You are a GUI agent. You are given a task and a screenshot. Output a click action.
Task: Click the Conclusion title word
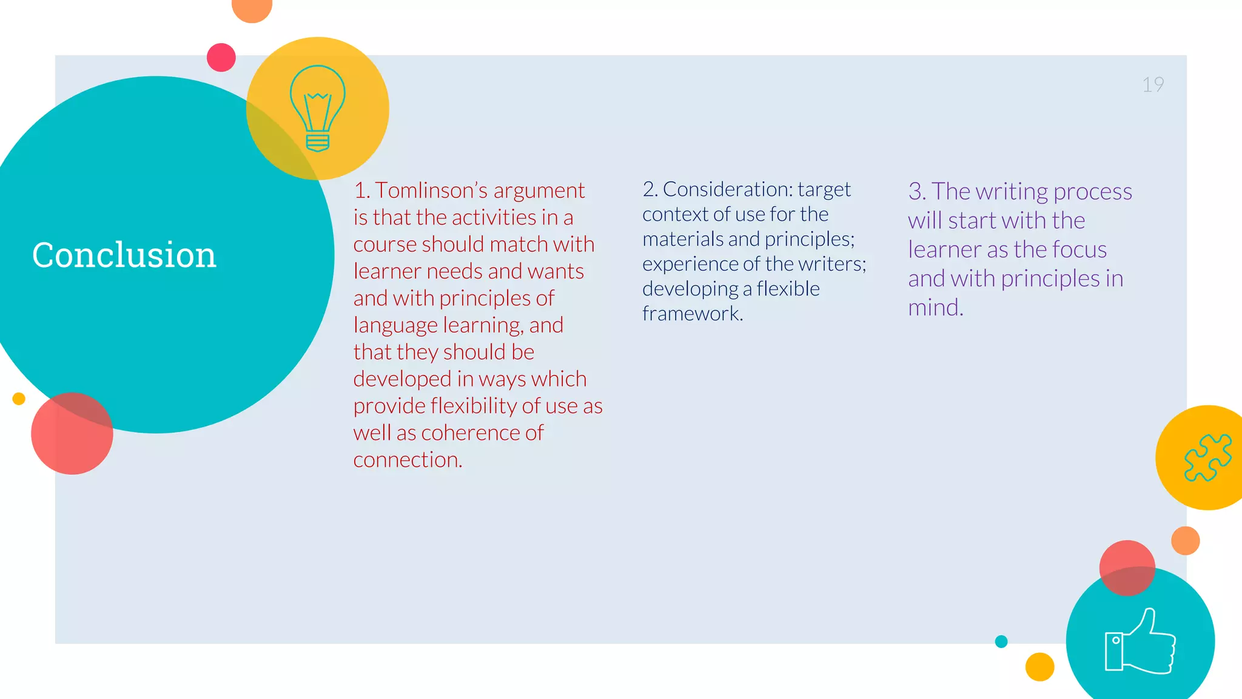pyautogui.click(x=124, y=255)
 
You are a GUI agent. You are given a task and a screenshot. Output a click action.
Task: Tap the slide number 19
pyautogui.click(x=1153, y=84)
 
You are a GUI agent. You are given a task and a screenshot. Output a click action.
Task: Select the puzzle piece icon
pyautogui.click(x=1207, y=458)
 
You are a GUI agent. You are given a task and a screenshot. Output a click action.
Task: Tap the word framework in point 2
pyautogui.click(x=691, y=314)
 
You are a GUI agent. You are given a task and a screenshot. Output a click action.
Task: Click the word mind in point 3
pyautogui.click(x=934, y=308)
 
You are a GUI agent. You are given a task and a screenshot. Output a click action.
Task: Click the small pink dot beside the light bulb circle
pyautogui.click(x=221, y=58)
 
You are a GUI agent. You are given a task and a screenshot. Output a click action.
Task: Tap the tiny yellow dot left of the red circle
pyautogui.click(x=19, y=399)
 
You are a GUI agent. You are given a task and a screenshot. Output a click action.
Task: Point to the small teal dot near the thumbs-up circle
pyautogui.click(x=1001, y=641)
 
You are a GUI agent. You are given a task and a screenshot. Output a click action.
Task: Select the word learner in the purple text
pyautogui.click(x=944, y=250)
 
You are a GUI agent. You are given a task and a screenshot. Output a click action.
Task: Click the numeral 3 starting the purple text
pyautogui.click(x=915, y=192)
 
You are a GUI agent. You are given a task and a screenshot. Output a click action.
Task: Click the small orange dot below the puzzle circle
pyautogui.click(x=1185, y=541)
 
